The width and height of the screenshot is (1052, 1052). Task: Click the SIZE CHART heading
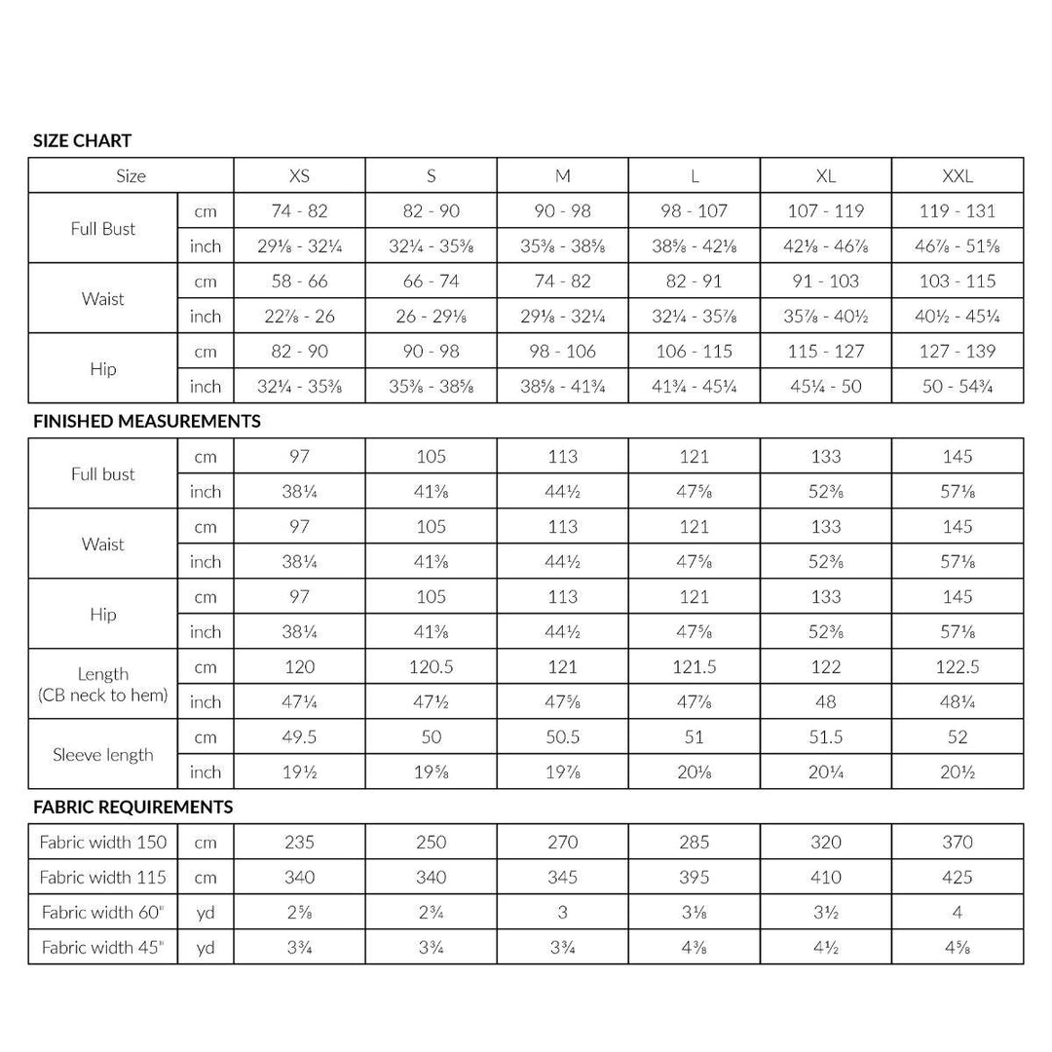pos(82,140)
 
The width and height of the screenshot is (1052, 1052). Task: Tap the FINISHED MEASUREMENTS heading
pos(146,422)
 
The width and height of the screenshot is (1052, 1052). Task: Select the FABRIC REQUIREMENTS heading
pos(132,808)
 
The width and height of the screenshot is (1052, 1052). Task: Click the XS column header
pos(299,176)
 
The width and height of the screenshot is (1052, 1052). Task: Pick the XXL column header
pos(957,176)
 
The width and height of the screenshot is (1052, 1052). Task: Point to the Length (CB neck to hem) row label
pos(103,684)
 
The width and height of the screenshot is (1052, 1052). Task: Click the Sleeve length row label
pos(103,754)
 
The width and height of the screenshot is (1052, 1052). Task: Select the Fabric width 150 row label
pos(103,843)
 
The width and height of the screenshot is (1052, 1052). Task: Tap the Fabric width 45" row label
pos(103,947)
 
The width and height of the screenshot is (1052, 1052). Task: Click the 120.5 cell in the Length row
pos(431,667)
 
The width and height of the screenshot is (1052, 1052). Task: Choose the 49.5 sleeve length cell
pos(299,737)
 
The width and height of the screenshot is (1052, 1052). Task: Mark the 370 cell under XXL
pos(957,843)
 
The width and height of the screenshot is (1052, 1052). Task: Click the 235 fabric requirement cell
pos(299,843)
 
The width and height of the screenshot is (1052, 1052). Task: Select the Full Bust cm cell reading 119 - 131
pos(957,210)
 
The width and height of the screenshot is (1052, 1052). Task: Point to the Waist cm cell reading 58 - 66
pos(299,282)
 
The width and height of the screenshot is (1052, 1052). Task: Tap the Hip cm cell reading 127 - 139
pos(957,352)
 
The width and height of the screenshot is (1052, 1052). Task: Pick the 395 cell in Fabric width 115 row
pos(694,878)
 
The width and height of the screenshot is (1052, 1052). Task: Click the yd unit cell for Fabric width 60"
pos(206,913)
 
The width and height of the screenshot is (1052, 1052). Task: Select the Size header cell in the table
pos(131,176)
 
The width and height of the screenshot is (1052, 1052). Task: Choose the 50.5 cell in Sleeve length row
pos(562,737)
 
